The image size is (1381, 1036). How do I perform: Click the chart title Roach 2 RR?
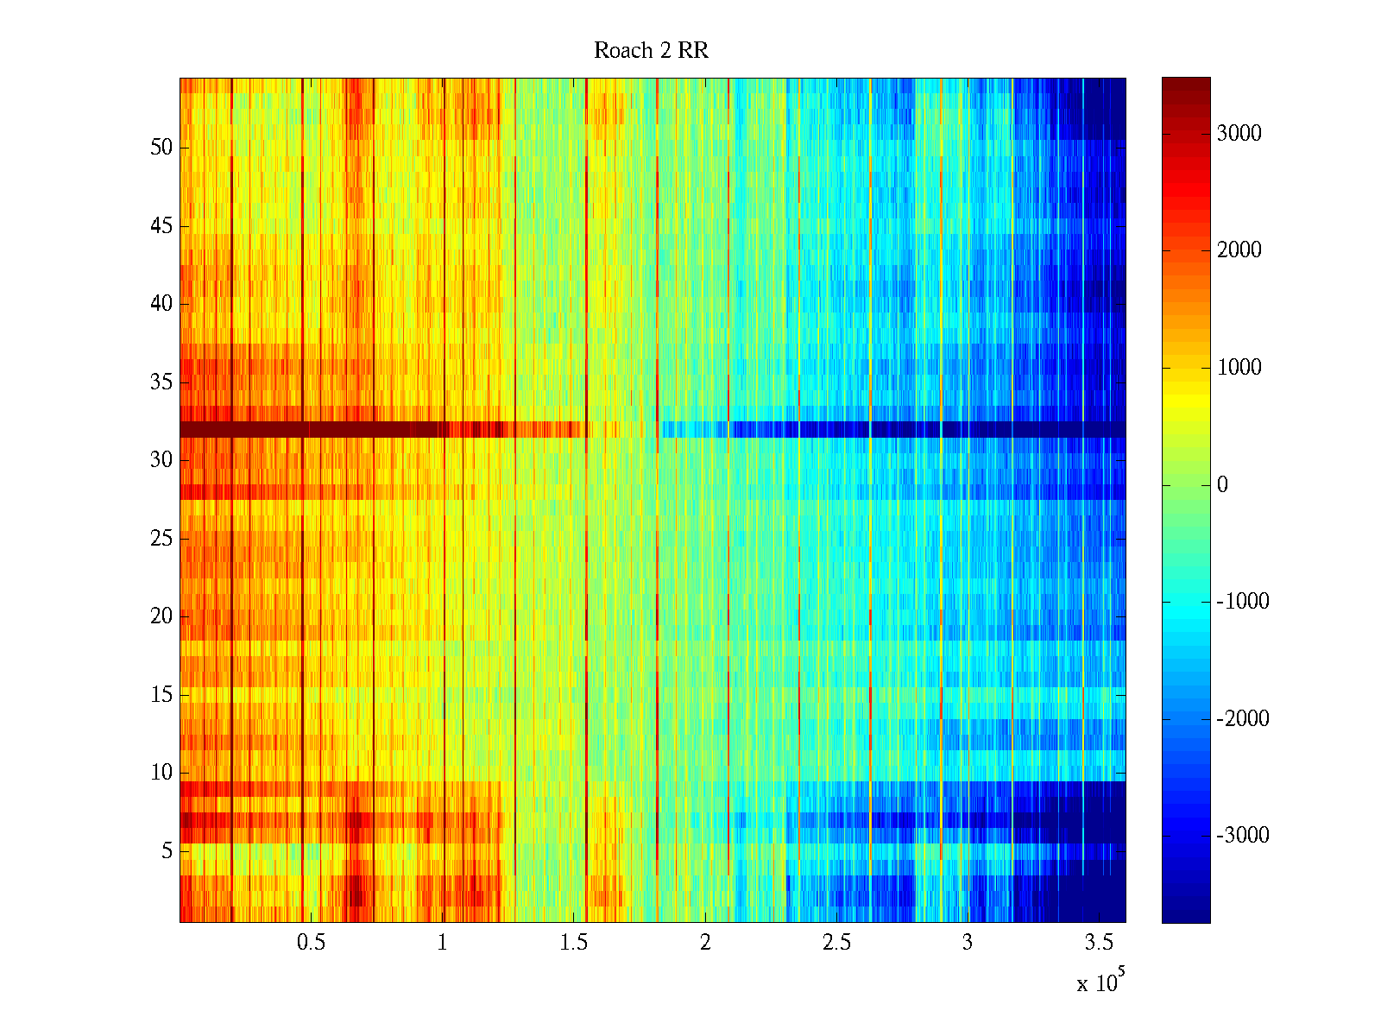point(651,51)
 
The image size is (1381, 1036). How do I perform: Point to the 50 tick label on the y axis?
point(161,148)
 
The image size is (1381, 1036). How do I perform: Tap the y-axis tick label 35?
point(161,382)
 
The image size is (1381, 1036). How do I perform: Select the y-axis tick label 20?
point(161,616)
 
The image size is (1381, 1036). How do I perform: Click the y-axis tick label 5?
point(167,851)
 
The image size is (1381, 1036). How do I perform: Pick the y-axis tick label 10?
point(161,773)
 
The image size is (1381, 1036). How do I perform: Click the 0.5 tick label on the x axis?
point(311,943)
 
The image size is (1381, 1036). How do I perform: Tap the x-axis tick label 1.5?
point(573,943)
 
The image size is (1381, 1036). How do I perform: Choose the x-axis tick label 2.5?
point(836,943)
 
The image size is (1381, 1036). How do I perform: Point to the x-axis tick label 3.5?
point(1099,943)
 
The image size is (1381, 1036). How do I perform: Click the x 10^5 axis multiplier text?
point(1098,982)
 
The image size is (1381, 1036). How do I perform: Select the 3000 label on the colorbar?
point(1239,134)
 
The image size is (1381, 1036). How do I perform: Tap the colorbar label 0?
point(1222,485)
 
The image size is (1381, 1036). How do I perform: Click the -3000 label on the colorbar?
point(1242,836)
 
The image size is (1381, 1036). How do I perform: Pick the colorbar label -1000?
point(1242,602)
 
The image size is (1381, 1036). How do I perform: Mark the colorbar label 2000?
point(1239,250)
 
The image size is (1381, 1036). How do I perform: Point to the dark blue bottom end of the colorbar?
point(1185,915)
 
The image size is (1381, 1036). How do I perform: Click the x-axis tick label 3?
point(968,943)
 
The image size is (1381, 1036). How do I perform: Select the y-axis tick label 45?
point(161,226)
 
